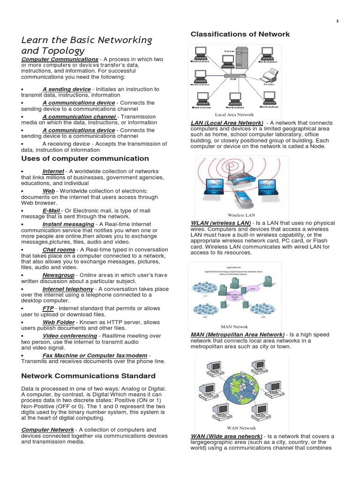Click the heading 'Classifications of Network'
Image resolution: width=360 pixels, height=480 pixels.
[240, 34]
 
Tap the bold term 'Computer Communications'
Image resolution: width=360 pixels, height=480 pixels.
[60, 59]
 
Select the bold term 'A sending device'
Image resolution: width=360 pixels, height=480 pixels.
[67, 89]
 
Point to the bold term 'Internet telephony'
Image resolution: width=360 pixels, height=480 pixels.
[68, 289]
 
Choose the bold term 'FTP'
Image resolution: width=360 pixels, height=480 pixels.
[48, 308]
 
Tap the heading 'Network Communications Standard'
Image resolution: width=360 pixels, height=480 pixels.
[88, 376]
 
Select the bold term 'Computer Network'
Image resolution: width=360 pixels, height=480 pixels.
[47, 430]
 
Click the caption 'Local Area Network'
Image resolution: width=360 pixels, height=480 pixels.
[234, 114]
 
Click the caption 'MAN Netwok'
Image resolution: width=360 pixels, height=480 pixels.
[234, 327]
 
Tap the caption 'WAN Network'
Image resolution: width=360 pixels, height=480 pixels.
[241, 428]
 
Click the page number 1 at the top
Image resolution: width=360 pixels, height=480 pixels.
[350, 21]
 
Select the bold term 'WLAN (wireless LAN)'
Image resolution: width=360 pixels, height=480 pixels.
[221, 222]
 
